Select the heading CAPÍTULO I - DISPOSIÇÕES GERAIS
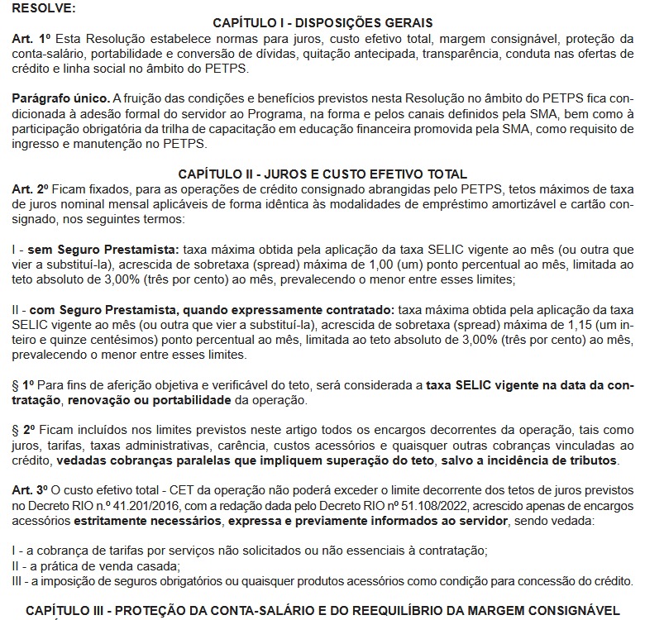tap(323, 22)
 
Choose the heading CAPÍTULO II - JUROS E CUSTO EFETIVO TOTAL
tap(323, 174)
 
